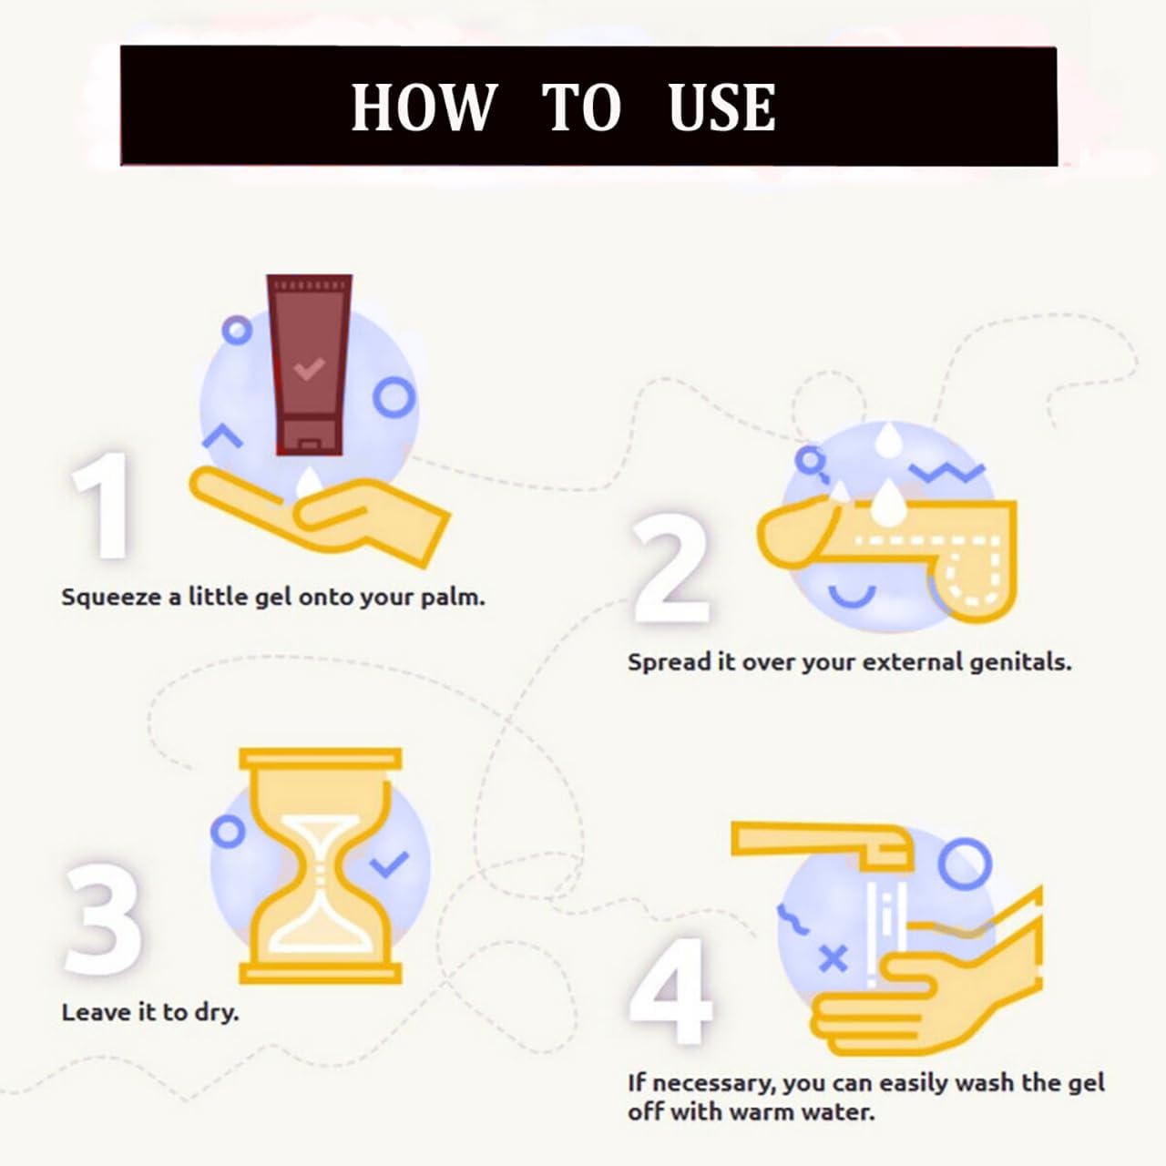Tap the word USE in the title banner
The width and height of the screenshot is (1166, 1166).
coord(721,107)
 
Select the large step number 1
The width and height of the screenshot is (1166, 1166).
coord(101,506)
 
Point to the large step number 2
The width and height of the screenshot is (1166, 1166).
coord(670,567)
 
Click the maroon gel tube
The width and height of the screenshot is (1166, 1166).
coord(309,364)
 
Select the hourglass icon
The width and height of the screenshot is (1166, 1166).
coord(320,865)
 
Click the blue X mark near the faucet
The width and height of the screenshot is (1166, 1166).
coord(834,958)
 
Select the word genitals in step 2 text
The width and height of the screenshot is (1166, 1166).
coord(1021,662)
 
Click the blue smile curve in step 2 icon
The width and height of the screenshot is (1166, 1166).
coord(852,597)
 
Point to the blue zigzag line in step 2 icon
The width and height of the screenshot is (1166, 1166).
coord(947,471)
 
